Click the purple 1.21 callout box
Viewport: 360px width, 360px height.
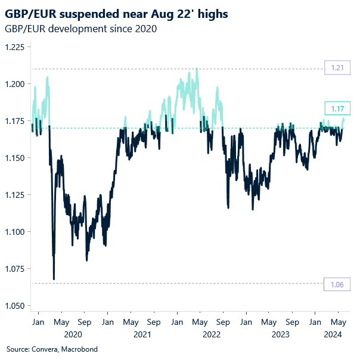[336, 69]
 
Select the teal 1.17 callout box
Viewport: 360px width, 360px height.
[336, 108]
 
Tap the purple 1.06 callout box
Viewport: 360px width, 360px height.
[336, 284]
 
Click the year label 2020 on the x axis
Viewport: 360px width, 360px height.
[73, 335]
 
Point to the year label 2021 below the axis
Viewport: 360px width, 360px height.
[142, 335]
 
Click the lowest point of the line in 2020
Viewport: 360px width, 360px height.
[54, 279]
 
